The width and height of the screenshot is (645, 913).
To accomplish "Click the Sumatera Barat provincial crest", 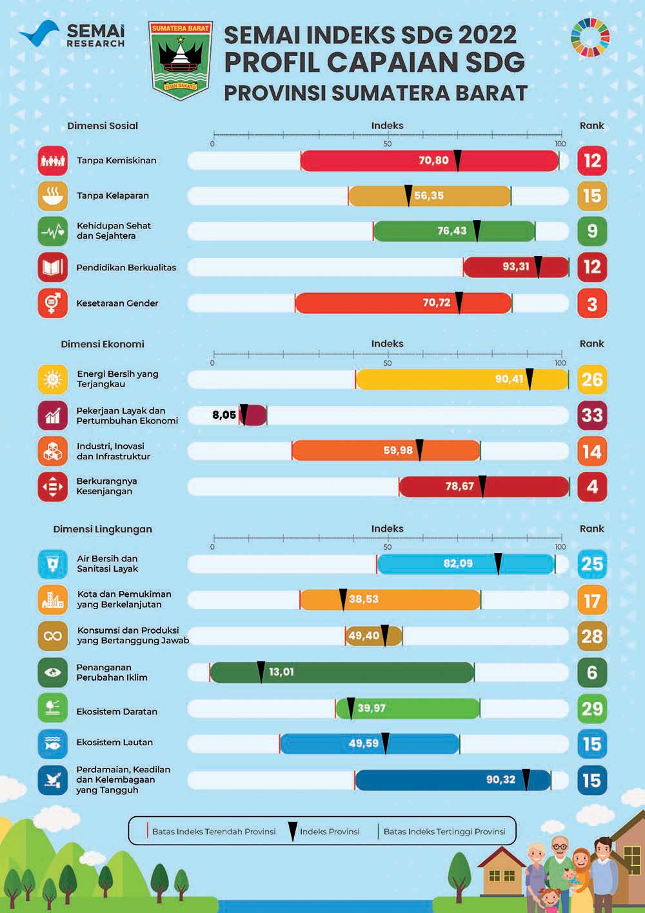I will pyautogui.click(x=181, y=61).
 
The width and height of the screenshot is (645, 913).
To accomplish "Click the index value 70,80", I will pyautogui.click(x=433, y=160).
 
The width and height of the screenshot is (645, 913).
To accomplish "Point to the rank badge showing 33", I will pyautogui.click(x=591, y=415).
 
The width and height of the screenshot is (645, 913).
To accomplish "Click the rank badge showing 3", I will pyautogui.click(x=591, y=304).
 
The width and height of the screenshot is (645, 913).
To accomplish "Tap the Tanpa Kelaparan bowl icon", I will pyautogui.click(x=52, y=196).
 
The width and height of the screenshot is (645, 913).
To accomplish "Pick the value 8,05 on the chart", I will pyautogui.click(x=224, y=415).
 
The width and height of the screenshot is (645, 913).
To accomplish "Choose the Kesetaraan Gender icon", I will pyautogui.click(x=52, y=303).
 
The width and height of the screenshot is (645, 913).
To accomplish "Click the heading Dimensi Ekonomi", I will pyautogui.click(x=103, y=344).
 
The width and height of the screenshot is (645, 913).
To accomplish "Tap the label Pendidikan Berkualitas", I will pyautogui.click(x=126, y=267).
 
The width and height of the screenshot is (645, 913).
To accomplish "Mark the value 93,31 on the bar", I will pyautogui.click(x=515, y=266).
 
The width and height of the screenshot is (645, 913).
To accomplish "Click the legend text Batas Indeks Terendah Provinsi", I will pyautogui.click(x=213, y=831).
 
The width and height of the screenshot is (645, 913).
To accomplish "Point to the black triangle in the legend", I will pyautogui.click(x=292, y=830).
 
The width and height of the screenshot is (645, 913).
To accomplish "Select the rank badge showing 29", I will pyautogui.click(x=591, y=708).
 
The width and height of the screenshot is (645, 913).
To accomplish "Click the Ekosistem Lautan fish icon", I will pyautogui.click(x=52, y=743).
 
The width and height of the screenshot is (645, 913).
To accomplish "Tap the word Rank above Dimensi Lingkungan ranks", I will pyautogui.click(x=591, y=528).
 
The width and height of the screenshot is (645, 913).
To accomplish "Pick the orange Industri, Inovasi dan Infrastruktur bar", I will pyautogui.click(x=386, y=450).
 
